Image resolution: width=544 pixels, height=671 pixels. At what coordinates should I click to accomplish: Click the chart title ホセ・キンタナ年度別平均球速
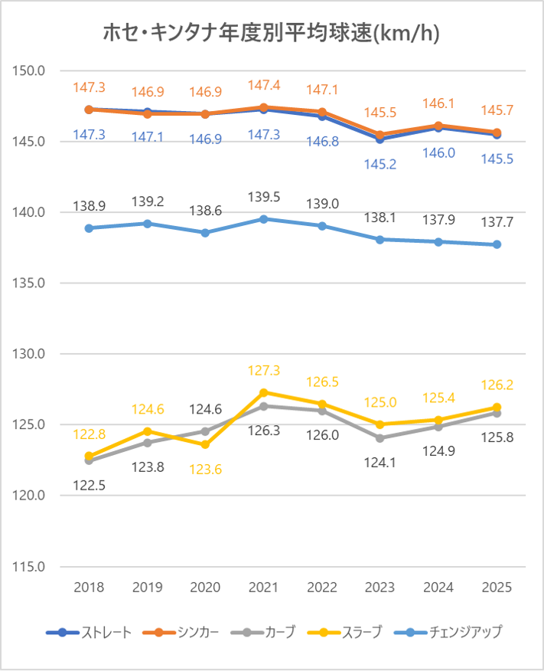(271, 34)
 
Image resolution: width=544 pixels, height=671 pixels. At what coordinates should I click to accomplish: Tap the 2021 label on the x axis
(264, 588)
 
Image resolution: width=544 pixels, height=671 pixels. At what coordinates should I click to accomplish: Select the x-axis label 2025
(497, 588)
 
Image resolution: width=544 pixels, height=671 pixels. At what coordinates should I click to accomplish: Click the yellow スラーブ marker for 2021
(264, 392)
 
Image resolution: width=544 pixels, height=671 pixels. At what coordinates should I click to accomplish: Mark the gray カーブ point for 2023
(380, 438)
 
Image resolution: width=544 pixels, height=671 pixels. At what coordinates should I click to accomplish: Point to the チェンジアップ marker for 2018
(89, 228)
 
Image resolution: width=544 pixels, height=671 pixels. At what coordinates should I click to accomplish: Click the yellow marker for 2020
(205, 444)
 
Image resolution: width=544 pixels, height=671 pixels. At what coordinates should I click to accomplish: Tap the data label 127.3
(264, 371)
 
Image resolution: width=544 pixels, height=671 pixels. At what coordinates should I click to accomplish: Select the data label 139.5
(264, 198)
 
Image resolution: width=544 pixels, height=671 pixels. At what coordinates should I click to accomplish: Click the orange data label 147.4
(264, 86)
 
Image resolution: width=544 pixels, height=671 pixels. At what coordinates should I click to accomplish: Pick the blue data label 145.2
(380, 164)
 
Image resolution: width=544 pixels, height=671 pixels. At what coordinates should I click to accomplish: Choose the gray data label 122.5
(89, 484)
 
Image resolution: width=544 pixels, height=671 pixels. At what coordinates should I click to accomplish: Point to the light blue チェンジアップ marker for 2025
(497, 244)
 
